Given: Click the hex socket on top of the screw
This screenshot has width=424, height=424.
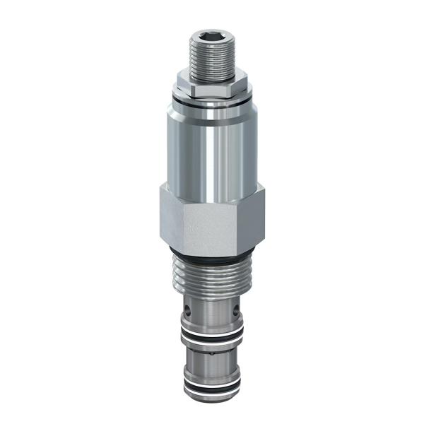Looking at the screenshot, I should point(210,35).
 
